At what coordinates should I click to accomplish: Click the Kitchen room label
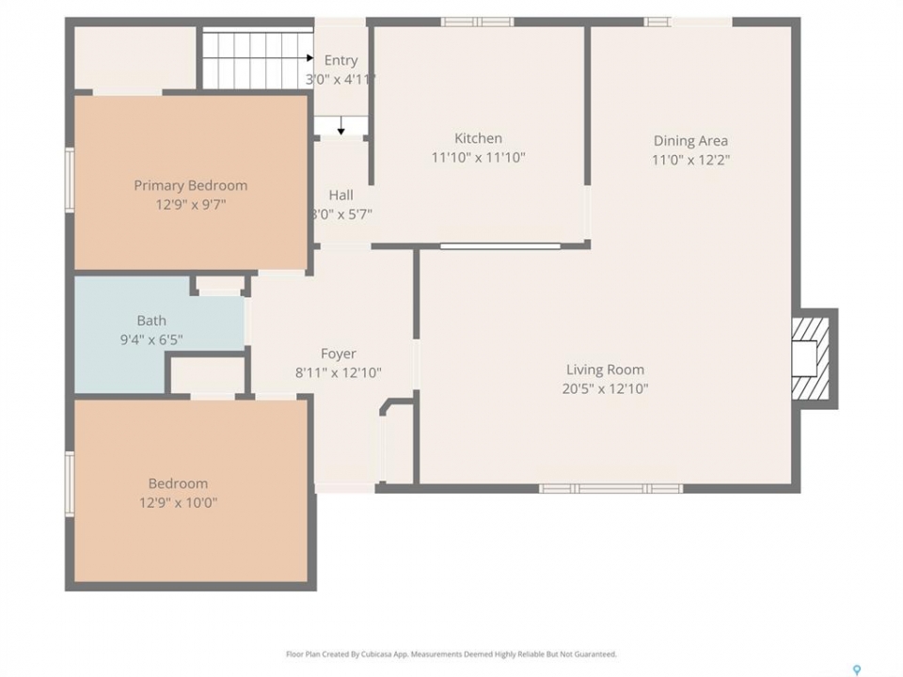click(478, 138)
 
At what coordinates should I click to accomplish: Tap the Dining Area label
click(690, 141)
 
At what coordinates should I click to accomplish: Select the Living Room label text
click(605, 370)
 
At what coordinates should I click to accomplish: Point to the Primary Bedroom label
click(191, 185)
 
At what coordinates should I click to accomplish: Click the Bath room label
click(151, 321)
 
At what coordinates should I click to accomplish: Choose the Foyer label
click(338, 354)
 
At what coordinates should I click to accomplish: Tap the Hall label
click(341, 196)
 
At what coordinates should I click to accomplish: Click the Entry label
click(341, 60)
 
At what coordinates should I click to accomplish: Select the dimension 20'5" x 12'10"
click(605, 388)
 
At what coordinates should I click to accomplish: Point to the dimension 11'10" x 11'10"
click(478, 157)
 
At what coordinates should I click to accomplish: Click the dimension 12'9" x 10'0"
click(178, 502)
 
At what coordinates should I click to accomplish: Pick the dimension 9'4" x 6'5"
click(151, 339)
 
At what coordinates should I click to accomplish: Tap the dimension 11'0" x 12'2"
click(690, 160)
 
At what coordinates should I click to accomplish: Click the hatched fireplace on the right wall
click(811, 358)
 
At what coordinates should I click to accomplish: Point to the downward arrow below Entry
click(341, 125)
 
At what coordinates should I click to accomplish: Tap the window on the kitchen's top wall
click(478, 22)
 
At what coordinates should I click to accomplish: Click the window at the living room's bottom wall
click(610, 489)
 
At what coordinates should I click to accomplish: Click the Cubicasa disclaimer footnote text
click(451, 654)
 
